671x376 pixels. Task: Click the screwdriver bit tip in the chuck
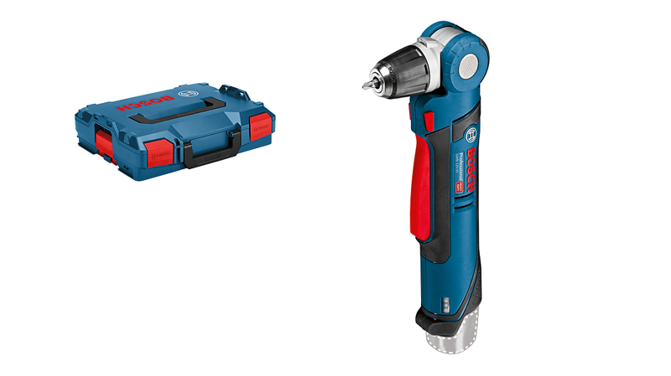pos(367,85)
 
